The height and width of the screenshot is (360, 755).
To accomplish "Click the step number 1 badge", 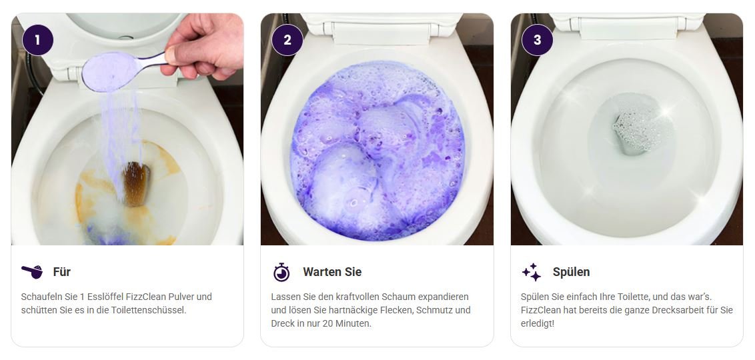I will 37,40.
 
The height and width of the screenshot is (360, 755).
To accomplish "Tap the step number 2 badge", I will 287,40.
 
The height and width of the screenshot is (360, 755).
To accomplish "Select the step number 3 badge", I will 538,40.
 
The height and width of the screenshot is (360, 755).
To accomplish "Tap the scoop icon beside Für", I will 32,271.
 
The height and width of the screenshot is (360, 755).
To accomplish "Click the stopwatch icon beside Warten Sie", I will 281,272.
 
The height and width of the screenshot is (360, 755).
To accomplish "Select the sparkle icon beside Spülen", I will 532,272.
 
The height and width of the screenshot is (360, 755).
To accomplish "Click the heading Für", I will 61,272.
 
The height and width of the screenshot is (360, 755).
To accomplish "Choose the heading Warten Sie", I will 332,272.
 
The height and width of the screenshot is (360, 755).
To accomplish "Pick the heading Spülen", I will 571,272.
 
